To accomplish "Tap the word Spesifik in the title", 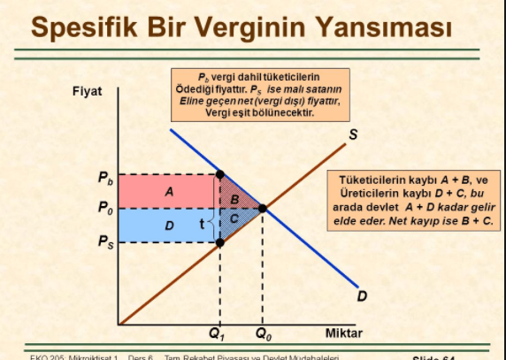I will click(x=88, y=28).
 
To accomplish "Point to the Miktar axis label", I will click(x=344, y=333).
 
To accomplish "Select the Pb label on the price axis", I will click(x=105, y=177).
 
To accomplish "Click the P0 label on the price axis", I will click(x=105, y=209).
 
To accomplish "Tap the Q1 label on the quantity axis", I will click(x=217, y=334).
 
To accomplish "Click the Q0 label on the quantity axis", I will click(x=264, y=334).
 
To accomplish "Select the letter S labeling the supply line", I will click(x=352, y=134).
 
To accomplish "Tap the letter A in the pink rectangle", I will click(x=169, y=190).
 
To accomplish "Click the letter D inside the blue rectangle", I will click(x=169, y=226).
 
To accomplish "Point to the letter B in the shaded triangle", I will click(x=234, y=200).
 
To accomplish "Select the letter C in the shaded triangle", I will click(x=234, y=217).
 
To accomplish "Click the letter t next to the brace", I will click(x=202, y=223).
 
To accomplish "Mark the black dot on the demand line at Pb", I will click(x=219, y=175).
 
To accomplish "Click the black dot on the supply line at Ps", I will click(x=219, y=241).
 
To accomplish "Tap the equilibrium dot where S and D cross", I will click(x=263, y=209).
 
